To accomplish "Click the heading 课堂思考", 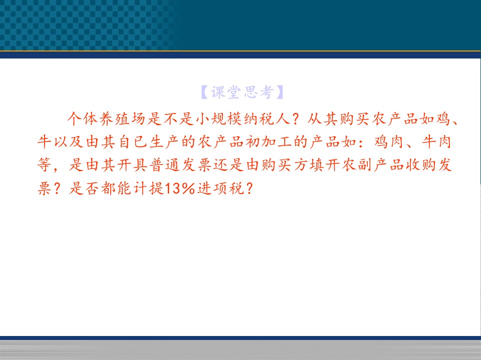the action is (x=242, y=92).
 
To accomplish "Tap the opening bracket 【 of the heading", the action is (x=204, y=92).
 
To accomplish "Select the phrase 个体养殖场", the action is (x=106, y=118).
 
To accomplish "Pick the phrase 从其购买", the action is (x=339, y=118).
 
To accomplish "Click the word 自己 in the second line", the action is (x=133, y=142).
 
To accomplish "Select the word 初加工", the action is (x=269, y=142).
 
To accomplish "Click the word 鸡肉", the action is (x=389, y=142).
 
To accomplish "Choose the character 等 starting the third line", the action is (x=45, y=165).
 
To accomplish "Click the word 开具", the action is (x=133, y=165).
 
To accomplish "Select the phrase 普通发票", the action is (x=181, y=165).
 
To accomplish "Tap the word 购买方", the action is (x=285, y=165).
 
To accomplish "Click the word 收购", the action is (x=420, y=165).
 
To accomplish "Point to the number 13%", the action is (x=180, y=188).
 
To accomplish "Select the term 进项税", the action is (x=220, y=188).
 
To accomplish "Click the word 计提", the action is (x=149, y=188).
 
